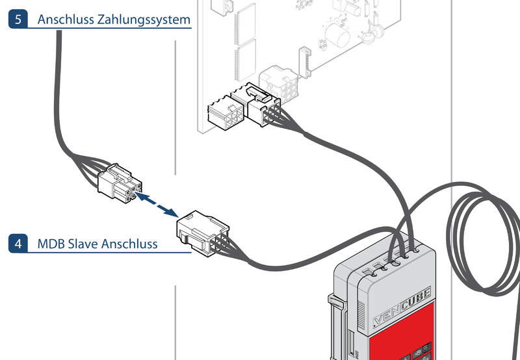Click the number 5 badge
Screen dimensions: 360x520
[x=18, y=19]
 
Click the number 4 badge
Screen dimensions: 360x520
[x=18, y=244]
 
